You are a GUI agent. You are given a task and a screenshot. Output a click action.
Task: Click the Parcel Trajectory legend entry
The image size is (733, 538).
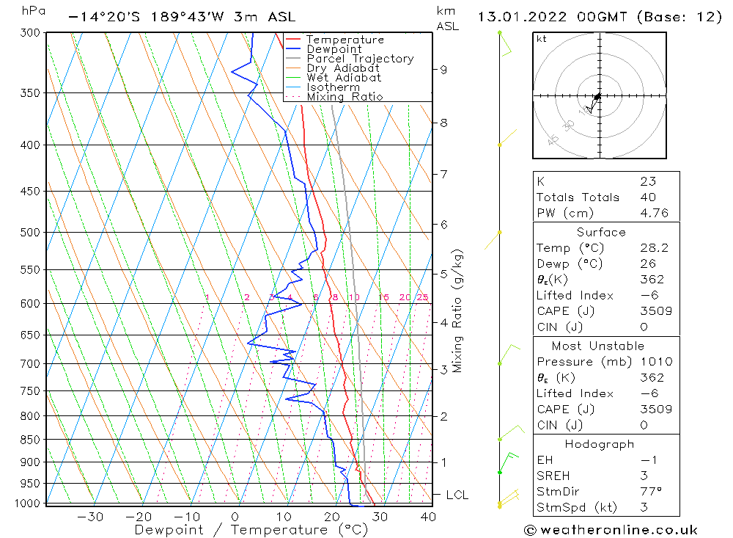click(360, 59)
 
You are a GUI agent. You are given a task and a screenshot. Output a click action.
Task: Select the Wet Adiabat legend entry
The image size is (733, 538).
click(344, 78)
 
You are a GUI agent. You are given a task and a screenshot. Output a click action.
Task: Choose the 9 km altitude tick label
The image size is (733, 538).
click(443, 70)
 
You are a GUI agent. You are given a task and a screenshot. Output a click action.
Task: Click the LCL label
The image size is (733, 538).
click(457, 495)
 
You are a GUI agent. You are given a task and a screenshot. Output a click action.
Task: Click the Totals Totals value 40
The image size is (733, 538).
click(648, 197)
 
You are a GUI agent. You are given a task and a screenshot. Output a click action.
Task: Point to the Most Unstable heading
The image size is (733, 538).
click(598, 346)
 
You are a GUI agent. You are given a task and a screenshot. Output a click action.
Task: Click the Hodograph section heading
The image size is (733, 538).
click(600, 444)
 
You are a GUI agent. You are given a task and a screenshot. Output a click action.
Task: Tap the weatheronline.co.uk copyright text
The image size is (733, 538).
click(611, 530)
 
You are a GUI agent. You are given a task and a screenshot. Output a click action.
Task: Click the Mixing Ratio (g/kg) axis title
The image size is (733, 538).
click(458, 311)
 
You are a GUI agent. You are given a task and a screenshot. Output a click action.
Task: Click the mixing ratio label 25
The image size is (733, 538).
click(422, 297)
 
